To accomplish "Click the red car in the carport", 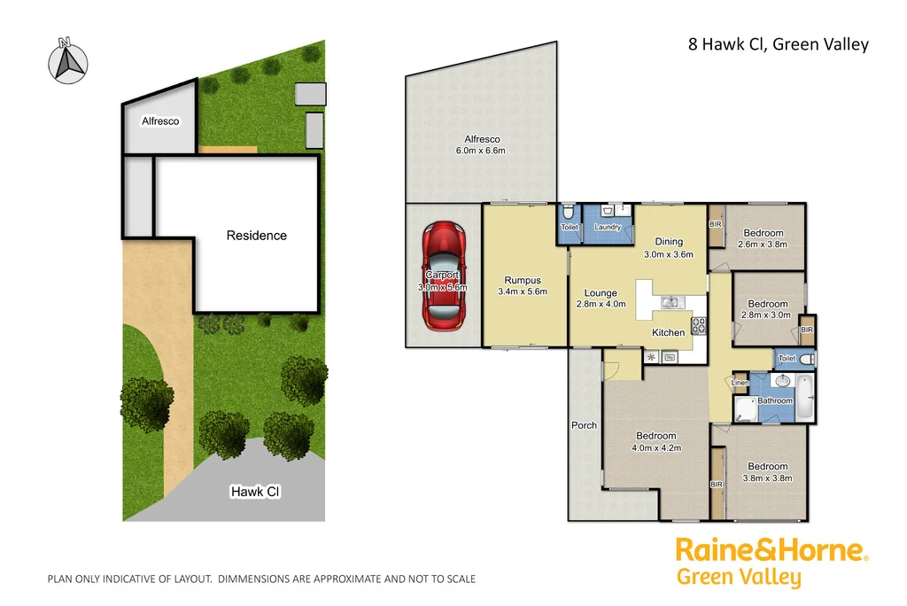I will (445, 276).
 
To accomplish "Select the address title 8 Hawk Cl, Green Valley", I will (778, 44).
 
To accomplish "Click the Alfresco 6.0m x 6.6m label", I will (482, 144).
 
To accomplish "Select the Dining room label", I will (669, 242).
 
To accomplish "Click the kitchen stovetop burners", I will (698, 325).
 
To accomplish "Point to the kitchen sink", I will (670, 303).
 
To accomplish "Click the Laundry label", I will (608, 228).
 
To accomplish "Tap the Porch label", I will (584, 425).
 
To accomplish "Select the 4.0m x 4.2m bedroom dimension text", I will (655, 447).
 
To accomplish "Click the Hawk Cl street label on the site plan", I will (255, 491).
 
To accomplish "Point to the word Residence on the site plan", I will (257, 236).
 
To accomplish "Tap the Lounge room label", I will (601, 293).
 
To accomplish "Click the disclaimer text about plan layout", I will (261, 579).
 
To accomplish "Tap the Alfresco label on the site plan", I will (160, 121).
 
